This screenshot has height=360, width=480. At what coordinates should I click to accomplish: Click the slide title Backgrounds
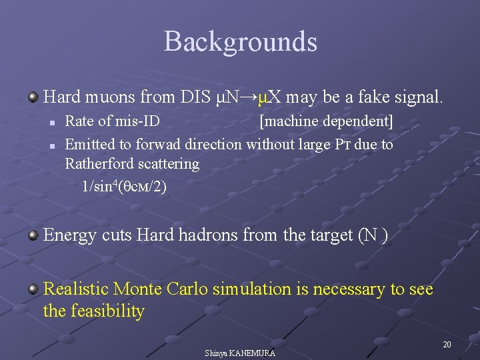pyautogui.click(x=240, y=42)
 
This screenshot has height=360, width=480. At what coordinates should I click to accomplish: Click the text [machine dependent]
pyautogui.click(x=326, y=122)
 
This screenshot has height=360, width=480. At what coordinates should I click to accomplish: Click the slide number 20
pyautogui.click(x=447, y=344)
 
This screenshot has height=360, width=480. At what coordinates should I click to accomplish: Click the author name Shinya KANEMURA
pyautogui.click(x=240, y=353)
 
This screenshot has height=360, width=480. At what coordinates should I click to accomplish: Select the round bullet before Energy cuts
pyautogui.click(x=33, y=236)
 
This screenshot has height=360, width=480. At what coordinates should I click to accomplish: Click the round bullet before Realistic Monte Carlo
pyautogui.click(x=33, y=290)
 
